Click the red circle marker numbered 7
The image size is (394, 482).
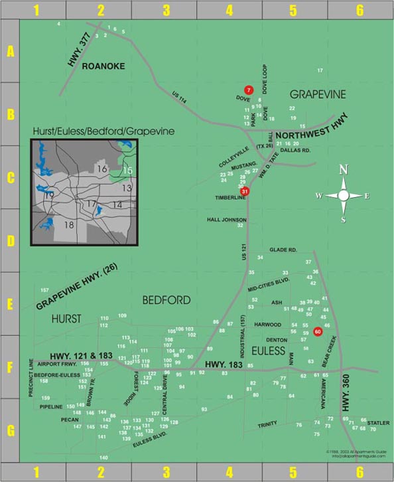pyautogui.click(x=248, y=90)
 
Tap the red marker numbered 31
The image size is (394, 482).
pyautogui.click(x=245, y=192)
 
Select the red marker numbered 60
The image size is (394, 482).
pyautogui.click(x=317, y=331)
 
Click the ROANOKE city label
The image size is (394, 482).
pyautogui.click(x=103, y=66)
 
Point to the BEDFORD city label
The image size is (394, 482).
pyautogui.click(x=166, y=300)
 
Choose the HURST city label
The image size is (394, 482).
pyautogui.click(x=68, y=319)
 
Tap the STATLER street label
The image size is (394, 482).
pyautogui.click(x=379, y=422)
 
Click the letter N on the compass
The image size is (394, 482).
pyautogui.click(x=344, y=169)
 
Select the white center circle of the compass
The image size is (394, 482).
pyautogui.click(x=344, y=195)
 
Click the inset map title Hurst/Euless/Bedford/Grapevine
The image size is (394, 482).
pyautogui.click(x=103, y=131)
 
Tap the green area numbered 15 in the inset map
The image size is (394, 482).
pyautogui.click(x=127, y=171)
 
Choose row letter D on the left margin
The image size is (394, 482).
pyautogui.click(x=10, y=240)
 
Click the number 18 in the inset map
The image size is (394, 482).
pyautogui.click(x=69, y=226)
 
